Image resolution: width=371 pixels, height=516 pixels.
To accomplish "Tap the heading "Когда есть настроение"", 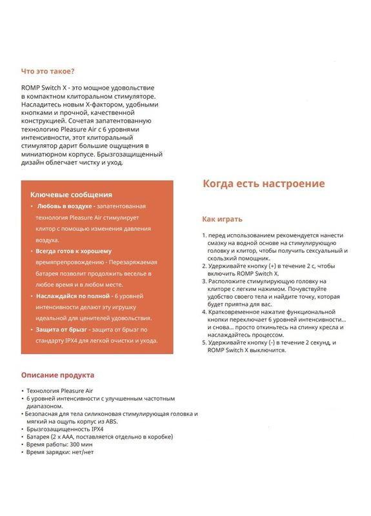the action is click(x=264, y=183).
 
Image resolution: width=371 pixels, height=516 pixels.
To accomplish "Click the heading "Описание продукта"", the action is click(x=57, y=375).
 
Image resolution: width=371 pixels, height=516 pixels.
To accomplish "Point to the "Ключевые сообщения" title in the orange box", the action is click(x=71, y=194).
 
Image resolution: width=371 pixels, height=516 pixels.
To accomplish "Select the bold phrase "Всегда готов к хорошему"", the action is click(x=74, y=251).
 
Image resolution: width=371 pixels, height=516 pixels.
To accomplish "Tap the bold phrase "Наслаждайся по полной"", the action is click(x=72, y=295).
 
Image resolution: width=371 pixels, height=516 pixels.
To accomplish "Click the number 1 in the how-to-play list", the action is click(x=204, y=235).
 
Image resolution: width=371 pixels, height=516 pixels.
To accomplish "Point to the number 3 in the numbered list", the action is click(x=204, y=281).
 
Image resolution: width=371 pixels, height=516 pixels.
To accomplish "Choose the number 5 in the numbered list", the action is click(x=204, y=342).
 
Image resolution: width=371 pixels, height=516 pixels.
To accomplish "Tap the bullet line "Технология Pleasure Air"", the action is click(x=60, y=391).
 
